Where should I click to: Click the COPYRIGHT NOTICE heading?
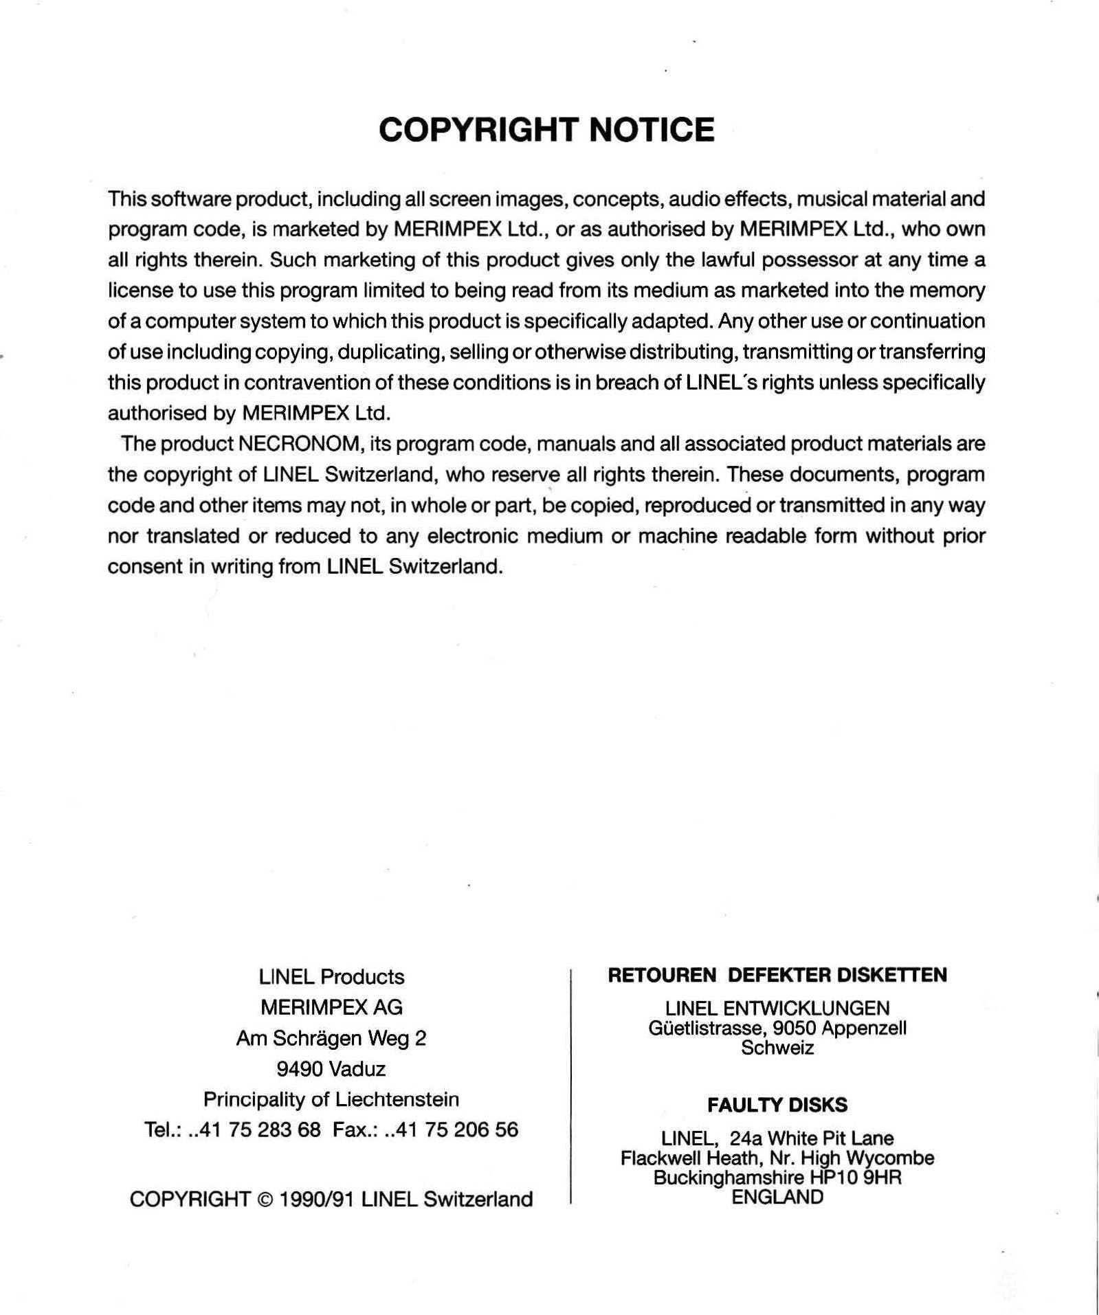coord(546,130)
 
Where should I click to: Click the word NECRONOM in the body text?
coord(299,444)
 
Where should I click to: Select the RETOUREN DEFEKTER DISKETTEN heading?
coord(777,975)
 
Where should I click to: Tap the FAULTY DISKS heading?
coord(777,1105)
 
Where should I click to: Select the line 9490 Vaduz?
coord(331,1069)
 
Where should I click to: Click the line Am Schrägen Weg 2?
coord(331,1038)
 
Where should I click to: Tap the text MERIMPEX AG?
coord(331,1007)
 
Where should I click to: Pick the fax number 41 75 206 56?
coord(458,1130)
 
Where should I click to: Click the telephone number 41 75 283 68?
coord(260,1130)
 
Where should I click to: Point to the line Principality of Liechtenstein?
coord(331,1099)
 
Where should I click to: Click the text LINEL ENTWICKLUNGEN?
coord(777,1008)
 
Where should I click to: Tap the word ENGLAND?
coord(777,1198)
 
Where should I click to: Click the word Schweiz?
coord(777,1048)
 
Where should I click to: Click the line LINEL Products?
coord(331,976)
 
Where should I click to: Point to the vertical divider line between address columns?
coord(571,1086)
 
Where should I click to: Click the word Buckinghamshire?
coord(729,1178)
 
